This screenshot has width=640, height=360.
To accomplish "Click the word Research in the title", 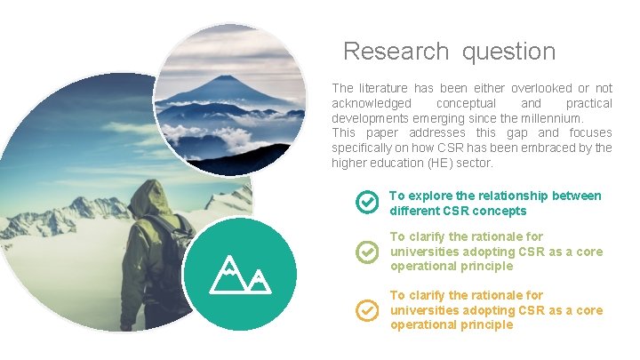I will tap(396, 52).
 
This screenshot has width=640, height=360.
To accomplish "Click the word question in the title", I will tap(508, 52).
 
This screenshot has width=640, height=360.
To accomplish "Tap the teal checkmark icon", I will tap(367, 203).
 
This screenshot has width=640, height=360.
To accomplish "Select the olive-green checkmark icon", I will tap(367, 252).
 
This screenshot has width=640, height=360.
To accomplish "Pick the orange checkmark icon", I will tap(367, 310).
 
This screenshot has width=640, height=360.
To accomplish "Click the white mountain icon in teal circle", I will tap(239, 274).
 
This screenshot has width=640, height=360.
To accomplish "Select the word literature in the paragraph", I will tap(390, 88).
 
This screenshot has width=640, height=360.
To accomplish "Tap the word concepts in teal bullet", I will tap(500, 211).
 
